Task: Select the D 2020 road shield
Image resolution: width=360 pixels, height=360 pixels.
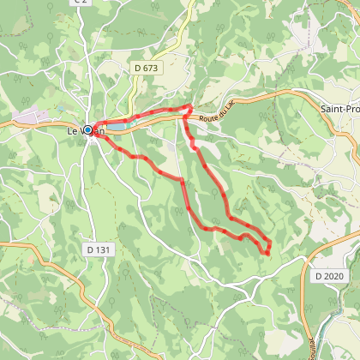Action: point(327,276)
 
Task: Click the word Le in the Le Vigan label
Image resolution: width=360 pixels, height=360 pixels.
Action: point(73,130)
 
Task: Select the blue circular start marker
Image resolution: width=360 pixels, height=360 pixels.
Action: point(87,130)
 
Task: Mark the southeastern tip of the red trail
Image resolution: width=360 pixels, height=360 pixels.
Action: point(267,253)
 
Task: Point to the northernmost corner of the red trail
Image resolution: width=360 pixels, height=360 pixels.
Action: point(189,105)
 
